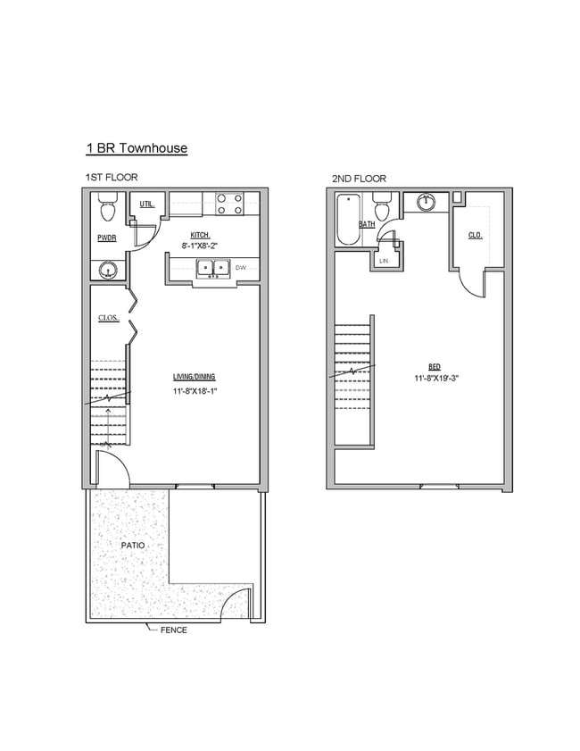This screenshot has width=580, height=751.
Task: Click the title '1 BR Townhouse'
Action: (136, 148)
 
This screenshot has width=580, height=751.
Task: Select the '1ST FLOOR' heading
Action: (112, 178)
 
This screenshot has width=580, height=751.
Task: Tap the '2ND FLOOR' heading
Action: (359, 179)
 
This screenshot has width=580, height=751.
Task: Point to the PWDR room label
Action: (107, 238)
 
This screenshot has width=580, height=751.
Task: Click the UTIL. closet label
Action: (147, 204)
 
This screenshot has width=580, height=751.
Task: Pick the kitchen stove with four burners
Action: (229, 204)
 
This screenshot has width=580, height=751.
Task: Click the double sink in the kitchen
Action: (212, 267)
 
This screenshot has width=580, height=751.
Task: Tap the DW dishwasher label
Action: (240, 267)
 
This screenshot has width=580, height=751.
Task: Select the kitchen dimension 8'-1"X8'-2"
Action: (199, 244)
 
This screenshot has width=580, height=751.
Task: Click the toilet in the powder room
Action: (108, 211)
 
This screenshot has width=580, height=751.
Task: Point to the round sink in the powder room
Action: (108, 268)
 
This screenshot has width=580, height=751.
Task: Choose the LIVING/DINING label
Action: (194, 377)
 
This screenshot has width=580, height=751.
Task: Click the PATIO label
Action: (132, 544)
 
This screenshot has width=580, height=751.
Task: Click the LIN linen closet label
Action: (384, 261)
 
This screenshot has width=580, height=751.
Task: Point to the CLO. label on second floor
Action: (475, 236)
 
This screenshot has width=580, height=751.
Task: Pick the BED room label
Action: (434, 367)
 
